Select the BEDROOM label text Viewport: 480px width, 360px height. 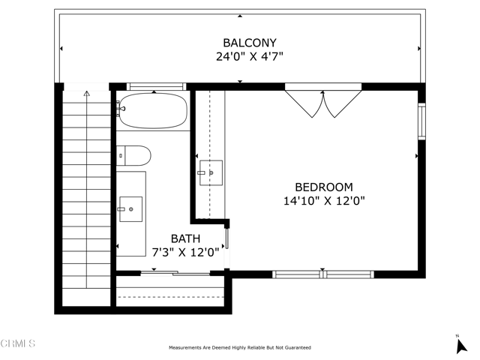pyautogui.click(x=323, y=187)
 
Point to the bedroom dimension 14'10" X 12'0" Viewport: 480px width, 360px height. pyautogui.click(x=323, y=201)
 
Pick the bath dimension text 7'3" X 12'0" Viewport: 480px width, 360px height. pyautogui.click(x=185, y=253)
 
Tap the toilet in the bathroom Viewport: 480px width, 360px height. pyautogui.click(x=134, y=155)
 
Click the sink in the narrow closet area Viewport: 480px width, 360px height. pyautogui.click(x=211, y=172)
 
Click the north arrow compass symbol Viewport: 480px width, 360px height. pyautogui.click(x=462, y=345)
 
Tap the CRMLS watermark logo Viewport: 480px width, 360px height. pyautogui.click(x=18, y=343)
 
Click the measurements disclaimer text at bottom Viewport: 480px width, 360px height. pyautogui.click(x=239, y=347)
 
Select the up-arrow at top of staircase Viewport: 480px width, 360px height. pyautogui.click(x=86, y=94)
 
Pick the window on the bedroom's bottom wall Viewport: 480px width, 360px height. pyautogui.click(x=322, y=274)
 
